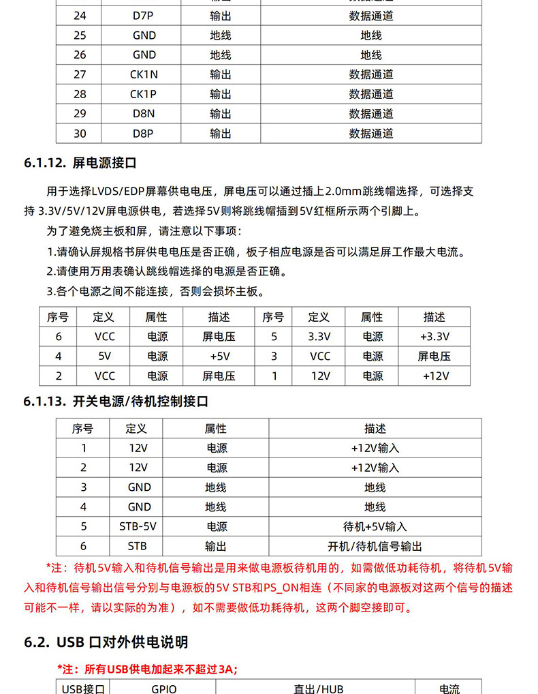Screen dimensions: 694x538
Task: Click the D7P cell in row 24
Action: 143,16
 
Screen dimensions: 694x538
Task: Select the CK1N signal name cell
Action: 143,74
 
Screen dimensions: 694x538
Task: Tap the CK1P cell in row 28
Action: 143,94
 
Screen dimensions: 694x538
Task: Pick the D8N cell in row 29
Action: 143,114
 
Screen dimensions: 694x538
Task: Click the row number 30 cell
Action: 80,134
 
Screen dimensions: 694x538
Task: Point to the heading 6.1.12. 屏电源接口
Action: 80,163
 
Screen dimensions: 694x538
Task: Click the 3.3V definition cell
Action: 319,337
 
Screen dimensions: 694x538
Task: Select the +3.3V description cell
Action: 434,337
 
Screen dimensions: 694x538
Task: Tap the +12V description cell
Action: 434,376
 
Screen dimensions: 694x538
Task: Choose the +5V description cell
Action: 219,356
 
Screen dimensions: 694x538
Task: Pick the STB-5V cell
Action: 138,526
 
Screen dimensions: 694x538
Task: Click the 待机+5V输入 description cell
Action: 375,526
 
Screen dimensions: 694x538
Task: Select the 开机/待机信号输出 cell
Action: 375,546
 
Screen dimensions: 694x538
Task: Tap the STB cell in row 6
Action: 138,546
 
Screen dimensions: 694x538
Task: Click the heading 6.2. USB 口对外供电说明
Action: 106,642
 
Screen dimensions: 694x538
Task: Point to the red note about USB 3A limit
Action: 147,669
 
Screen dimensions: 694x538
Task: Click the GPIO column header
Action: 163,688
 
